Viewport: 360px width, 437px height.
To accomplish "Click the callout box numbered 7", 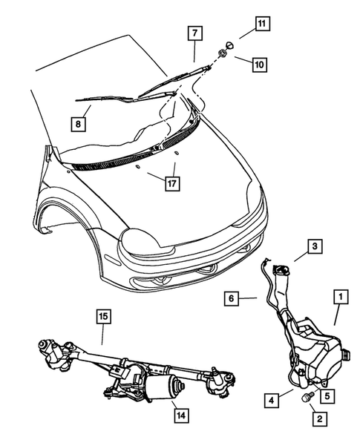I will [194, 33].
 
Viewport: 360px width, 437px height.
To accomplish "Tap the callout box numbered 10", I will [259, 65].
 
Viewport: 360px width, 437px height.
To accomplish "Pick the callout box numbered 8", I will [77, 124].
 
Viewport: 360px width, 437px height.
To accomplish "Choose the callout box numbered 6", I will [232, 298].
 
